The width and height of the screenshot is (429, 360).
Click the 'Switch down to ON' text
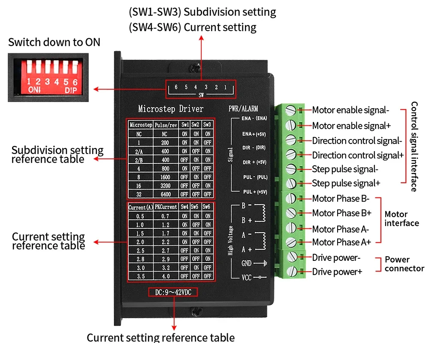click(54, 42)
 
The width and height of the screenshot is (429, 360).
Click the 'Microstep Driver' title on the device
click(171, 109)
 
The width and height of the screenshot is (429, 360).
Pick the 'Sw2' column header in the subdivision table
click(195, 124)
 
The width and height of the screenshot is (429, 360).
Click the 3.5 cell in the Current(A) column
click(139, 276)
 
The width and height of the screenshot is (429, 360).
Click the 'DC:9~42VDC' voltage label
click(173, 292)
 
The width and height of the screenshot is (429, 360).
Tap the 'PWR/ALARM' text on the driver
click(244, 109)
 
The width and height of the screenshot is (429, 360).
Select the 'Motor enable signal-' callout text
click(350, 110)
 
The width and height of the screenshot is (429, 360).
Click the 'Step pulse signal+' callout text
click(346, 183)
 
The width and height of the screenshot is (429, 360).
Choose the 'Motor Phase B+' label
click(341, 213)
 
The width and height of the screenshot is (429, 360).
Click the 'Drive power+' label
click(337, 272)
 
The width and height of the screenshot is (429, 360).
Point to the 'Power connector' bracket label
click(404, 264)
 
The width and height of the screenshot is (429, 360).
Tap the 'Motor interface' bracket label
click(402, 218)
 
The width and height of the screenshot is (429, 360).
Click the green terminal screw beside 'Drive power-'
click(292, 257)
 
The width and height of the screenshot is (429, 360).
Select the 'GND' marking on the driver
click(246, 263)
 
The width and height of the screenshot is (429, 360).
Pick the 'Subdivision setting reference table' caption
click(57, 154)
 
